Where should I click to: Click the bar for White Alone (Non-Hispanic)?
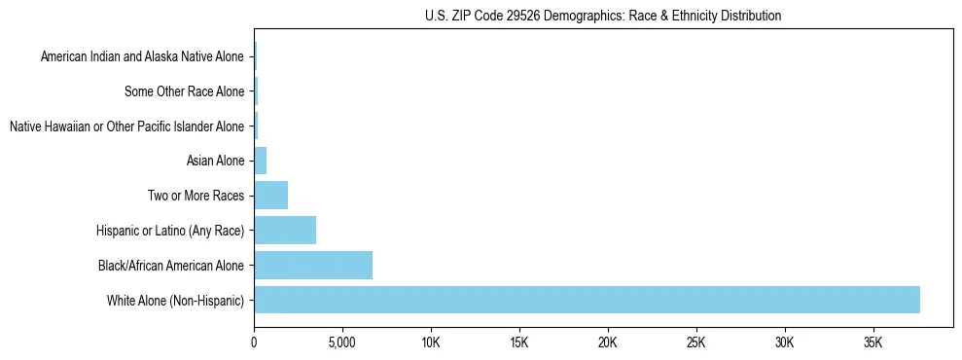[x=587, y=300]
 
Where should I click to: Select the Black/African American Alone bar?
[x=313, y=265]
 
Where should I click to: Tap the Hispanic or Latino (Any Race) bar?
[x=285, y=231]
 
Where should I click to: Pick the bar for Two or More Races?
[x=271, y=196]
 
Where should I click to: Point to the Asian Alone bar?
[x=260, y=161]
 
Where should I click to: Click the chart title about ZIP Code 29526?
[x=603, y=17]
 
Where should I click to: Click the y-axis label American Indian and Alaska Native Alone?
[x=142, y=57]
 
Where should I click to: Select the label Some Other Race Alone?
[x=185, y=92]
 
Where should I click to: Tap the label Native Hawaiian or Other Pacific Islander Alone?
[x=126, y=126]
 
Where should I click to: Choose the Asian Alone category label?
[x=215, y=162]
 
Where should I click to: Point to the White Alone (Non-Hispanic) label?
[x=175, y=301]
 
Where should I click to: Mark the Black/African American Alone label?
[x=171, y=266]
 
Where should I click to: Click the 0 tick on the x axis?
[x=254, y=343]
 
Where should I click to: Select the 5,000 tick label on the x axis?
[x=342, y=343]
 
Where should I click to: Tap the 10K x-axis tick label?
[x=431, y=343]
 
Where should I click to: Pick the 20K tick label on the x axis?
[x=608, y=343]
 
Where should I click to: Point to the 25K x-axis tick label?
[x=696, y=343]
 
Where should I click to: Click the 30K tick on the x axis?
[x=785, y=343]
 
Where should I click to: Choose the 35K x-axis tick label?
[x=873, y=343]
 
